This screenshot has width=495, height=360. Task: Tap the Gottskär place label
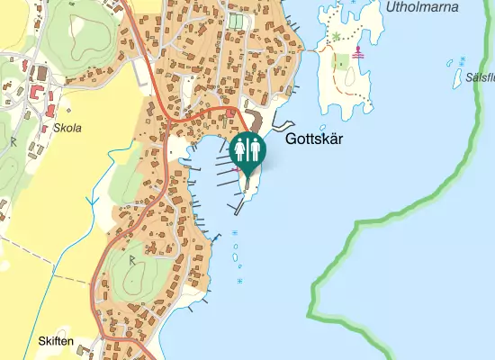point(314,140)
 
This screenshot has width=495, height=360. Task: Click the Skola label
point(67,128)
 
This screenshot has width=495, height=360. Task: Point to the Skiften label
point(56,341)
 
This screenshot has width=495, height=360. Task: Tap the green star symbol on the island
point(337,37)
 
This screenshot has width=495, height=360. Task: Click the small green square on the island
point(340,63)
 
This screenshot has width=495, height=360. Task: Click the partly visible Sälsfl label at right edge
point(474,77)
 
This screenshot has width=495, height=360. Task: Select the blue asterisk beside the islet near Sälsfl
point(463,59)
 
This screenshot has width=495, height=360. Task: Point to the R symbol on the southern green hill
point(130,260)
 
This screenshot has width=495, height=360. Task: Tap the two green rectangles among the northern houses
point(236,21)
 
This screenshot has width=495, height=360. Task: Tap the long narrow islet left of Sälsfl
point(451,64)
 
